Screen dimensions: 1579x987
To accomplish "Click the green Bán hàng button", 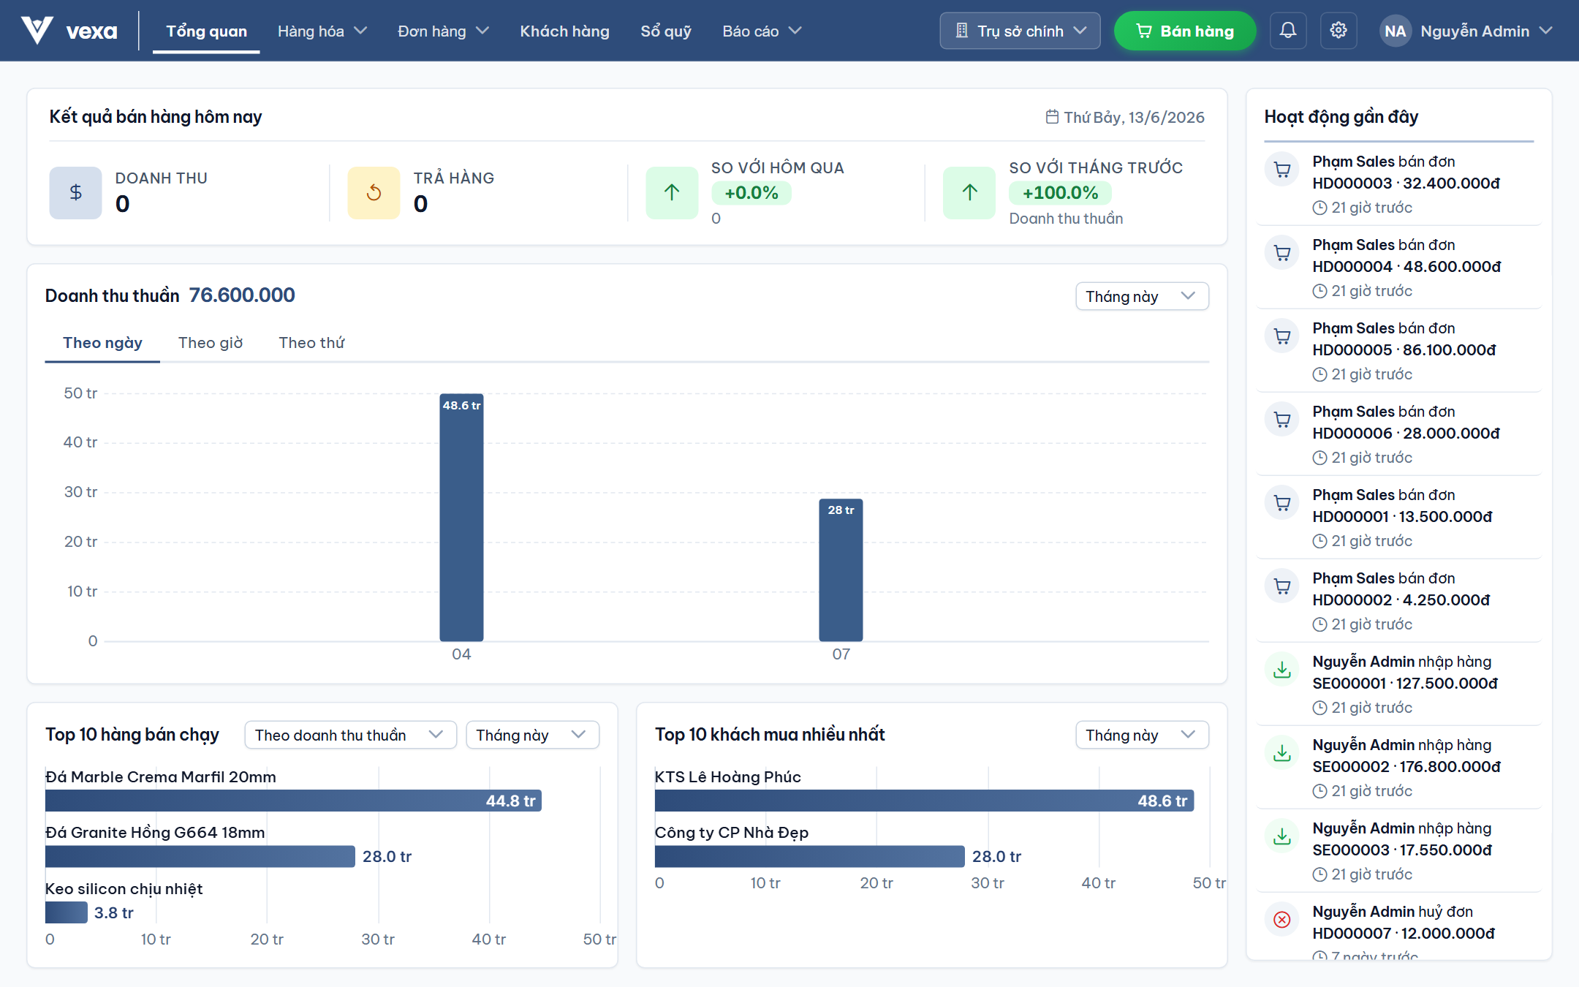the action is click(x=1184, y=31).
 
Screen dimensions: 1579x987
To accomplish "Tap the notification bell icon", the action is click(x=1288, y=31).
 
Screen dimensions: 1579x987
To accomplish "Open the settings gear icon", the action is click(x=1338, y=31).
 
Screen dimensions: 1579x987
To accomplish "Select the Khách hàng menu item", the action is click(x=564, y=31).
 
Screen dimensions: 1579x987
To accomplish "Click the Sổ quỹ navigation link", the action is click(x=666, y=31).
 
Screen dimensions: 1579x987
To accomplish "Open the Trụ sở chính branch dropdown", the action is click(x=1020, y=31).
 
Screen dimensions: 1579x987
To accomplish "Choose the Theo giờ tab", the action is click(x=211, y=343).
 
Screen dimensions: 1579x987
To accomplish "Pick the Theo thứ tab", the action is click(x=311, y=343).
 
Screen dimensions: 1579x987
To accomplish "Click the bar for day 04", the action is click(x=461, y=518).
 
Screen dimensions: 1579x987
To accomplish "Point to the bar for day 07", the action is click(x=841, y=570).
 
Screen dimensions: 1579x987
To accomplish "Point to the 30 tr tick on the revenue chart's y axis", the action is click(x=80, y=492).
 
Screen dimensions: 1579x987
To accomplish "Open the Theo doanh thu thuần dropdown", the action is click(x=350, y=735).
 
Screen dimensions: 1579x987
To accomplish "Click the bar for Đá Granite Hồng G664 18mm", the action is click(x=200, y=856).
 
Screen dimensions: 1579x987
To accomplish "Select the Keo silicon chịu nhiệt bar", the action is click(x=66, y=912).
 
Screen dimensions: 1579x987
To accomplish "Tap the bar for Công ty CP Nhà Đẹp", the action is click(x=809, y=856).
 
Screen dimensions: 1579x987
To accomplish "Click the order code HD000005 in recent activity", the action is click(x=1352, y=350).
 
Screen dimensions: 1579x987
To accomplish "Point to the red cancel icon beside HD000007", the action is click(x=1282, y=920).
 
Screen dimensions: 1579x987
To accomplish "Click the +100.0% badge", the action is click(x=1060, y=193).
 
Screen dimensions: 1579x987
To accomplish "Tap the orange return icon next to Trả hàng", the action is click(x=374, y=193).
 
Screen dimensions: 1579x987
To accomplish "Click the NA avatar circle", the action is click(x=1395, y=31).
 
